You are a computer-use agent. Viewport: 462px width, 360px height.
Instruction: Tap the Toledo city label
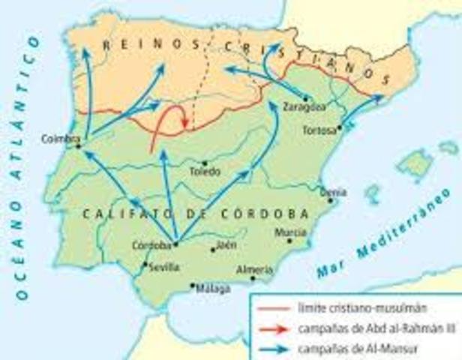205,172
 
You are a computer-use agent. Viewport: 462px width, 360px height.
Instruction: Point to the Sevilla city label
163,267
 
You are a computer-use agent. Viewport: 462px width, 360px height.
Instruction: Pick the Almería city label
250,268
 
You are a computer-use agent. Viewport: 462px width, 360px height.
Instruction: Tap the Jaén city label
226,244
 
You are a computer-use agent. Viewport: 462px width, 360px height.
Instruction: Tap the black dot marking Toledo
205,162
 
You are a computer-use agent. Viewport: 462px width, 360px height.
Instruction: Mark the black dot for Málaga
193,285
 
